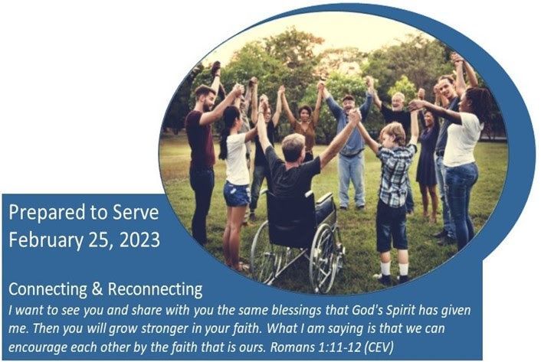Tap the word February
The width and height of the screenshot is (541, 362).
point(46,240)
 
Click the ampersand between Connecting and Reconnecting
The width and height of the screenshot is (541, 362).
point(97,289)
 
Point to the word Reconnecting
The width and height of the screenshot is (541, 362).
point(155,289)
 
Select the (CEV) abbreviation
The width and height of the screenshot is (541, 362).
point(379,347)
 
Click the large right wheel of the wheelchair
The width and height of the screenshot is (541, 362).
point(323,258)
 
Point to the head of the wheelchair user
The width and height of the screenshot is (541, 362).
point(293,147)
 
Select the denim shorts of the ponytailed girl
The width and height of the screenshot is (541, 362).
point(237,194)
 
